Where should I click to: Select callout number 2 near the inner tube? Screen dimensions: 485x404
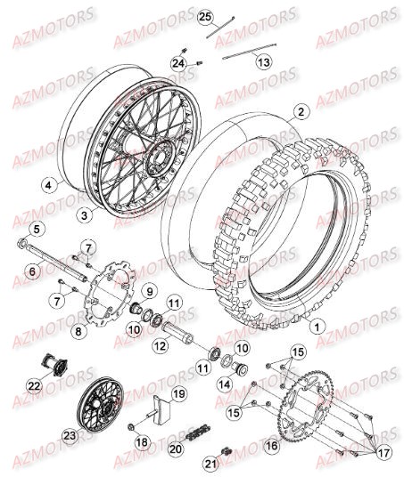(x=301, y=112)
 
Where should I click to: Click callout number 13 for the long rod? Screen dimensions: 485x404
(x=262, y=62)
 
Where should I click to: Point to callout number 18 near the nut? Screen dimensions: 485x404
(x=140, y=442)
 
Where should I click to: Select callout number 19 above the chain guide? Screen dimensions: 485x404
(x=177, y=392)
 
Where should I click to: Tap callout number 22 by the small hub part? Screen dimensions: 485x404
(x=34, y=385)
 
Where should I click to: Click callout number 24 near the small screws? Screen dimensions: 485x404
(x=178, y=63)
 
